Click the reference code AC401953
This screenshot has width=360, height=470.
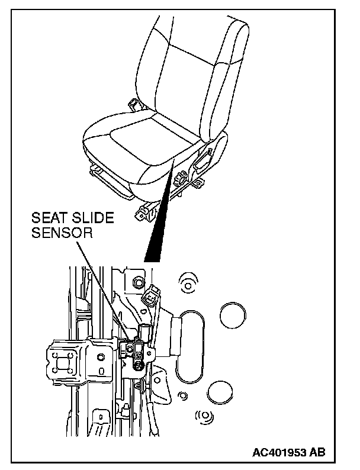(x=280, y=453)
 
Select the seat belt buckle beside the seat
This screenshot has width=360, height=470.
(x=134, y=105)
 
